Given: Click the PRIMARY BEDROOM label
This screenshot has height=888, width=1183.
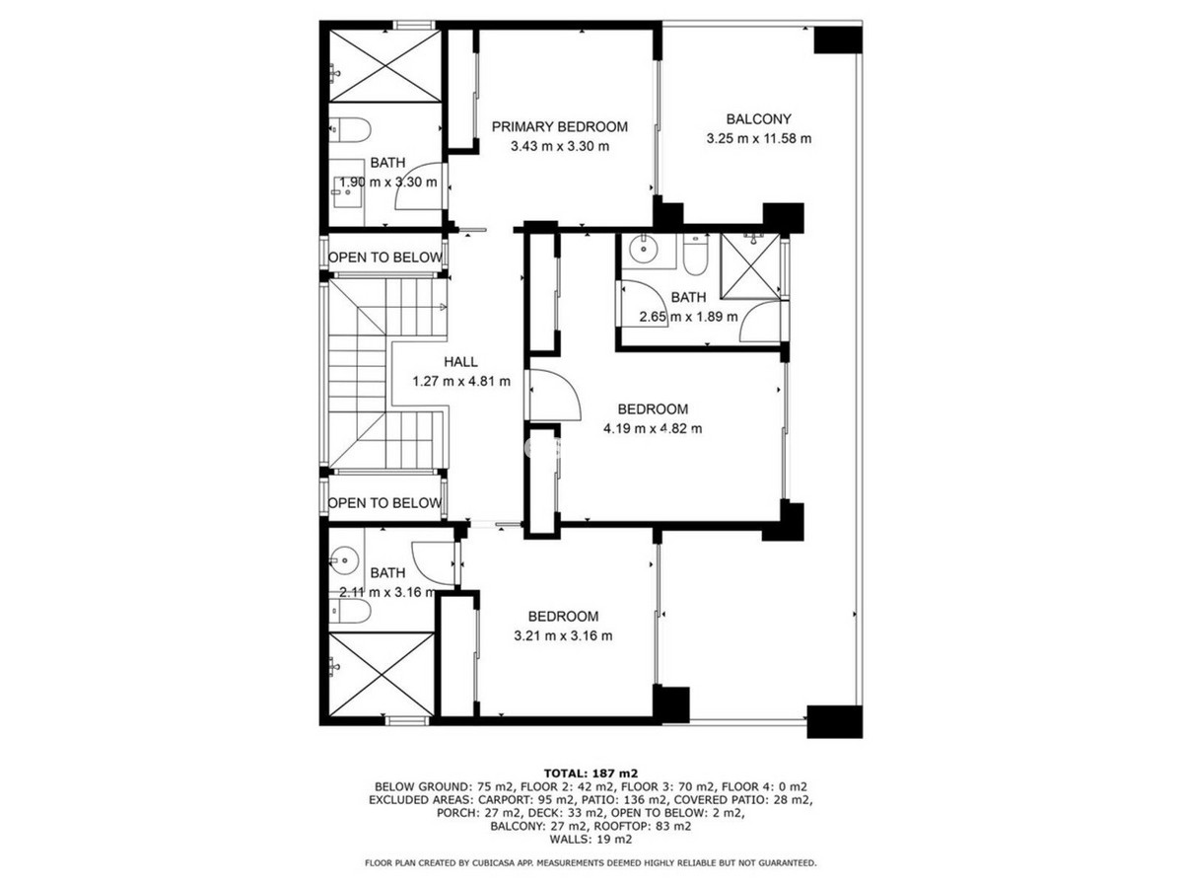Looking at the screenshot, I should pyautogui.click(x=559, y=126).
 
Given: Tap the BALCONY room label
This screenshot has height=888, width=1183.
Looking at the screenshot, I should pyautogui.click(x=758, y=118).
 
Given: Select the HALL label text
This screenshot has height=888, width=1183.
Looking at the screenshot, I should pyautogui.click(x=460, y=362).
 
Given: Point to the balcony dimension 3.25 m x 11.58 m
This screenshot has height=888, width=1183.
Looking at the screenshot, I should pyautogui.click(x=758, y=139).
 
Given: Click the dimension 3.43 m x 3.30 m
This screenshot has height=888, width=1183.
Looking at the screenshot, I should pyautogui.click(x=559, y=147).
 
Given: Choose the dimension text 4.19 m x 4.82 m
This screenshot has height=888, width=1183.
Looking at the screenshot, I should pyautogui.click(x=652, y=428).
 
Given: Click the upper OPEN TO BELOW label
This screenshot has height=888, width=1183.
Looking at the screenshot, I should pyautogui.click(x=385, y=258).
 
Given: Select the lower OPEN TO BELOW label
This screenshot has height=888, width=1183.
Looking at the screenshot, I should pyautogui.click(x=384, y=503).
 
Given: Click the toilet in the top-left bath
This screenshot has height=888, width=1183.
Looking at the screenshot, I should pyautogui.click(x=350, y=128).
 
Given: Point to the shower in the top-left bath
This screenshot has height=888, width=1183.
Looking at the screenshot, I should pyautogui.click(x=383, y=65).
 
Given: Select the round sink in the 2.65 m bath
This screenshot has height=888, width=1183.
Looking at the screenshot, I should pyautogui.click(x=646, y=248).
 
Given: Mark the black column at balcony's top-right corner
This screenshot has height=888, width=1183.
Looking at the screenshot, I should pyautogui.click(x=838, y=39).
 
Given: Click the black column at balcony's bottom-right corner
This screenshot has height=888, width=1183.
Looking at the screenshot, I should pyautogui.click(x=834, y=721).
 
